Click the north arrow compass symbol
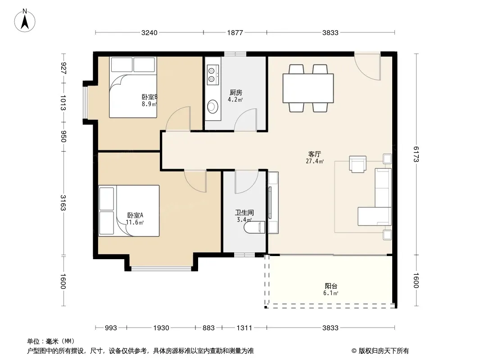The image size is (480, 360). coord(25,21)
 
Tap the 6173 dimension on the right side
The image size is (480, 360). coord(416,154)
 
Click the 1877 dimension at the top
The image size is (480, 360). coord(235,32)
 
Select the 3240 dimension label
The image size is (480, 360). coord(149,32)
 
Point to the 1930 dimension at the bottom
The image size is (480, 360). coord(161,328)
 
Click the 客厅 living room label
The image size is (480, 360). coord(314,154)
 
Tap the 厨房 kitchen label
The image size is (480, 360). coord(235,92)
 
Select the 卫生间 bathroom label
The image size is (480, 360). coord(245,212)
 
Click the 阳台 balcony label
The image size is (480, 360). coord(331,286)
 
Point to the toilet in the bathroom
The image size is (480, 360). coord(254,227)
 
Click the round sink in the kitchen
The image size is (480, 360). coord(212,107)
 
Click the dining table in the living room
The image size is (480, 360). coord(308,88)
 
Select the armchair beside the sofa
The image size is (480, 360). coord(358,164)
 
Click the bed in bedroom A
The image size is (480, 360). coord(129,211)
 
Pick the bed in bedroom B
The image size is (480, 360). coord(133,87)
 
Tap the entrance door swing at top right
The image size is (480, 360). coord(367,67)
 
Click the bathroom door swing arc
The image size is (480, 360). coord(247,182)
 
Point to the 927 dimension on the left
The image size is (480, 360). coord(63,68)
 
